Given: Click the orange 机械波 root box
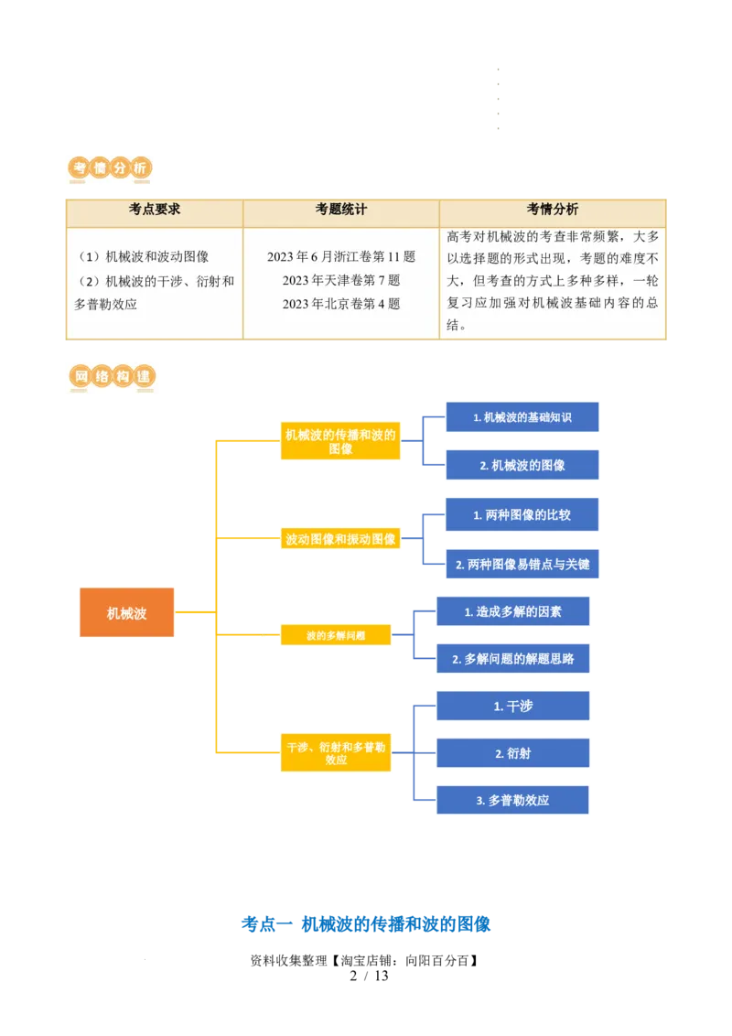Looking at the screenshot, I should click(126, 613).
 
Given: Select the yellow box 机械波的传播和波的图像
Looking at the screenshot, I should click(340, 442).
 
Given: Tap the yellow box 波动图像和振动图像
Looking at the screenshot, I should click(340, 540).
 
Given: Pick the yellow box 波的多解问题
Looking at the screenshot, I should click(336, 635).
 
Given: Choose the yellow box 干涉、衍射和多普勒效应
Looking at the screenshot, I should click(336, 753).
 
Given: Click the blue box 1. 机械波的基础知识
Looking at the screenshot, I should click(522, 417).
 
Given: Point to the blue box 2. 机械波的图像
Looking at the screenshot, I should click(522, 465).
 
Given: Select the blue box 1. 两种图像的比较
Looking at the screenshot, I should click(522, 515).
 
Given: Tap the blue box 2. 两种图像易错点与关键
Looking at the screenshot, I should click(522, 565).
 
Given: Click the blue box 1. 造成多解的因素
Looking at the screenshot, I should click(512, 611).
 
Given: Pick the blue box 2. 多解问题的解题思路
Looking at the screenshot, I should click(512, 658).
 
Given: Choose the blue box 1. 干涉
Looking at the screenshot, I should click(512, 707).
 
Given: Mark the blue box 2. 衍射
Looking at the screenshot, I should click(512, 753).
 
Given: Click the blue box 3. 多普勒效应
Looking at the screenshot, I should click(512, 800).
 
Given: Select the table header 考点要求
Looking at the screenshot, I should click(155, 210).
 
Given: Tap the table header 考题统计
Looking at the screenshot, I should click(341, 210).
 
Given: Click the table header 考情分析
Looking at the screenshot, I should click(553, 210).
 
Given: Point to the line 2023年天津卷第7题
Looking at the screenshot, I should click(341, 280).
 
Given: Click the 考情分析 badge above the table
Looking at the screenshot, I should click(110, 168).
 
